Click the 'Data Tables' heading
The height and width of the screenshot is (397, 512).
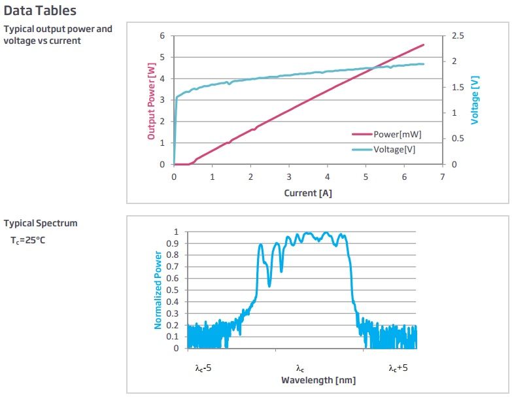[40, 10]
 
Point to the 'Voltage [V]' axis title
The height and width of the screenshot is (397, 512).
[475, 100]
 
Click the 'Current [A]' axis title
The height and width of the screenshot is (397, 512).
[308, 193]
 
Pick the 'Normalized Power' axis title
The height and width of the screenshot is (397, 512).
[158, 290]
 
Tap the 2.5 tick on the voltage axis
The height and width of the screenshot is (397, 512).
[457, 35]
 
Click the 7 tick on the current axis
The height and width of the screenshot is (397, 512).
[443, 177]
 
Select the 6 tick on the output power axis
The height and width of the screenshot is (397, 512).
[162, 35]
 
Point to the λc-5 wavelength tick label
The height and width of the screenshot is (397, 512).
[203, 368]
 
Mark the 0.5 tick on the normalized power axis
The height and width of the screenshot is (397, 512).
[172, 290]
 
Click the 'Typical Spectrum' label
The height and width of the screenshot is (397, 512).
[41, 223]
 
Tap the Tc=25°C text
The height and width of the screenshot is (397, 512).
[28, 239]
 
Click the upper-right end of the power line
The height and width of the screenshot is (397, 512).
[423, 45]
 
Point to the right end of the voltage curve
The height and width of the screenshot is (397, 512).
[423, 64]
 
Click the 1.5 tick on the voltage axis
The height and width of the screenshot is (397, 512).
[457, 87]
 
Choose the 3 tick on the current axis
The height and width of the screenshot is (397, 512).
[289, 177]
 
